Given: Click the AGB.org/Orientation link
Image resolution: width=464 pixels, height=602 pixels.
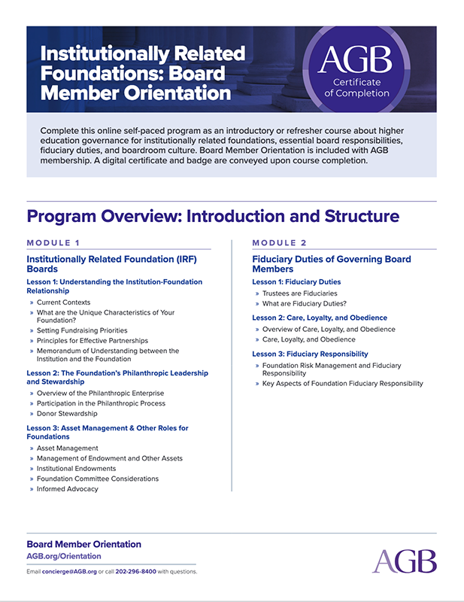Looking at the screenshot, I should pyautogui.click(x=63, y=556).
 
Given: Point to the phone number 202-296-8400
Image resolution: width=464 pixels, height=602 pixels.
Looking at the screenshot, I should pyautogui.click(x=136, y=571).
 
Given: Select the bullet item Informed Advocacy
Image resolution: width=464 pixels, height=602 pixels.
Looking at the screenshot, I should pyautogui.click(x=67, y=488).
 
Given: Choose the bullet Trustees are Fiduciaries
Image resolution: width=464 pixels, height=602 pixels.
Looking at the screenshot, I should pyautogui.click(x=299, y=293).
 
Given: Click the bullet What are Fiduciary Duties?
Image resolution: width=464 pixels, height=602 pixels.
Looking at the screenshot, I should pyautogui.click(x=304, y=303).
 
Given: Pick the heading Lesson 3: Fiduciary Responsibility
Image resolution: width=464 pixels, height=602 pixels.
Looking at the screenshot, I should pyautogui.click(x=310, y=354).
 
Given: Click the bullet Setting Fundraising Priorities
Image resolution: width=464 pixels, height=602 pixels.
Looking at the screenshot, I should pyautogui.click(x=82, y=330).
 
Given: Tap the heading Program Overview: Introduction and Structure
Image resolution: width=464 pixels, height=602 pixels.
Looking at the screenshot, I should pyautogui.click(x=212, y=217).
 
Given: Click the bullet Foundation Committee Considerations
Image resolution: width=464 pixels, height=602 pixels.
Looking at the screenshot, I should pyautogui.click(x=98, y=479).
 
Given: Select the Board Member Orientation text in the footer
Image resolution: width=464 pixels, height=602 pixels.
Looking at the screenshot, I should pyautogui.click(x=83, y=544).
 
